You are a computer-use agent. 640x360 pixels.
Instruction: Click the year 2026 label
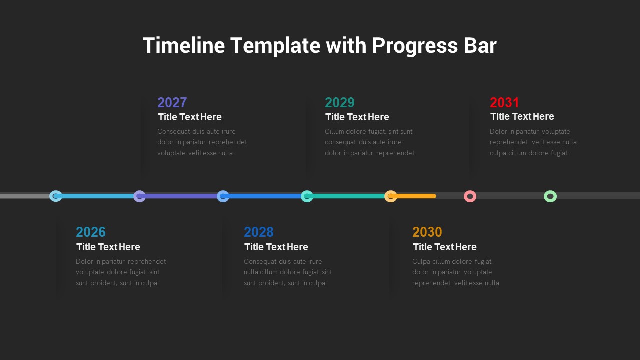pos(91,232)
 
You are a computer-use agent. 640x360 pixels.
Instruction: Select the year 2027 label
pos(172,103)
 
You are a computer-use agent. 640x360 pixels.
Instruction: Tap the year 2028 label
pos(259,232)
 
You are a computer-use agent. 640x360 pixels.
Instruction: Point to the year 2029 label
pos(340,103)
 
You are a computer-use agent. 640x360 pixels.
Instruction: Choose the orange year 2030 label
pos(427,232)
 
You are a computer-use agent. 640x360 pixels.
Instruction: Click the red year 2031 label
pos(505,103)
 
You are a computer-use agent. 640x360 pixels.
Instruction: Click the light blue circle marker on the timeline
pos(56,196)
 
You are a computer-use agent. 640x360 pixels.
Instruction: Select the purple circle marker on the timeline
pos(139,196)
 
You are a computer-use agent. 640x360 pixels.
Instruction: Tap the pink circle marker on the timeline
pos(470,196)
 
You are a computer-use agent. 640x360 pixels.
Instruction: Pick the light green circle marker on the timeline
pos(550,196)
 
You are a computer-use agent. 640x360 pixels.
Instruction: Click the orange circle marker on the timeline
pos(391,196)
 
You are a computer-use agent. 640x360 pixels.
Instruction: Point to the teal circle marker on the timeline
pos(307,196)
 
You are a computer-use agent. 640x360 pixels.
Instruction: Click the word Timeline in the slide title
pos(183,46)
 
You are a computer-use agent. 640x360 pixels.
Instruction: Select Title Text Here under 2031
pos(522,117)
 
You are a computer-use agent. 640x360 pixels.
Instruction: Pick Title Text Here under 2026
pos(108,247)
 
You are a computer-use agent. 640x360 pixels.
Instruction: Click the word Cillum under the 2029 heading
pos(335,132)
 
